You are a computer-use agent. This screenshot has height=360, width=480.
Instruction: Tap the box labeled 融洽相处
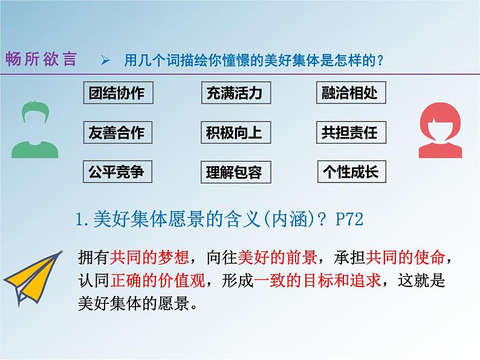coord(351,93)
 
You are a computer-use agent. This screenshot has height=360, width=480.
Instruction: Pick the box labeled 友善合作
coord(117,132)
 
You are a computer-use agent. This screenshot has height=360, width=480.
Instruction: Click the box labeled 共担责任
coord(351,132)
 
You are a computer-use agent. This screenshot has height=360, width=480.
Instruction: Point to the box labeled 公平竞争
coord(117,172)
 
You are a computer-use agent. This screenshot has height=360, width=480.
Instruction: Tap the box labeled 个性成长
coord(351,172)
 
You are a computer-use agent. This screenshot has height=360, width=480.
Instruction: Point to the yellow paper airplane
coord(36,275)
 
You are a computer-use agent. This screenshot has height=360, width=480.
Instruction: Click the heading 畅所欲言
coord(42,59)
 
